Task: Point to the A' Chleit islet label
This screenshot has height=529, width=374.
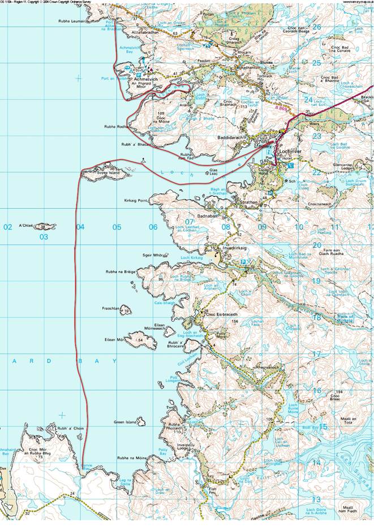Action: point(27,226)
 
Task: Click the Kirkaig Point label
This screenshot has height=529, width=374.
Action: point(136,200)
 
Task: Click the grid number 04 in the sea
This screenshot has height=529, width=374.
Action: point(80,227)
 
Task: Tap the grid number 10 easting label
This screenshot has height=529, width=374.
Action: point(298,227)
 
